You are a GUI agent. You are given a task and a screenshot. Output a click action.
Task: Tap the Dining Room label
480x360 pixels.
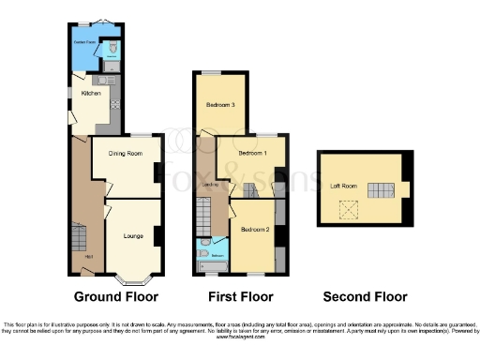point(124,152)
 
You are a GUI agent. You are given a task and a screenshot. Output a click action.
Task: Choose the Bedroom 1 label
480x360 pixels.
point(251,153)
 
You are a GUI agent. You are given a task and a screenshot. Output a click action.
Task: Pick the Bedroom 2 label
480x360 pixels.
point(253,229)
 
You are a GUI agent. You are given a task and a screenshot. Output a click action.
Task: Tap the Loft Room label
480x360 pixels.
point(341,186)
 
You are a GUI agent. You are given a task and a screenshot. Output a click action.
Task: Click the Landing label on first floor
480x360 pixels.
point(207,184)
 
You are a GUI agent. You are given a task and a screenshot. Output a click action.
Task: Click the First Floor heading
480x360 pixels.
point(234,297)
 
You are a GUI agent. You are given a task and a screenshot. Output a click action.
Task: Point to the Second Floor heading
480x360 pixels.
point(366,297)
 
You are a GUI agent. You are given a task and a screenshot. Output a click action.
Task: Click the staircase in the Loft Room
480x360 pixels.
point(379,191)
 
